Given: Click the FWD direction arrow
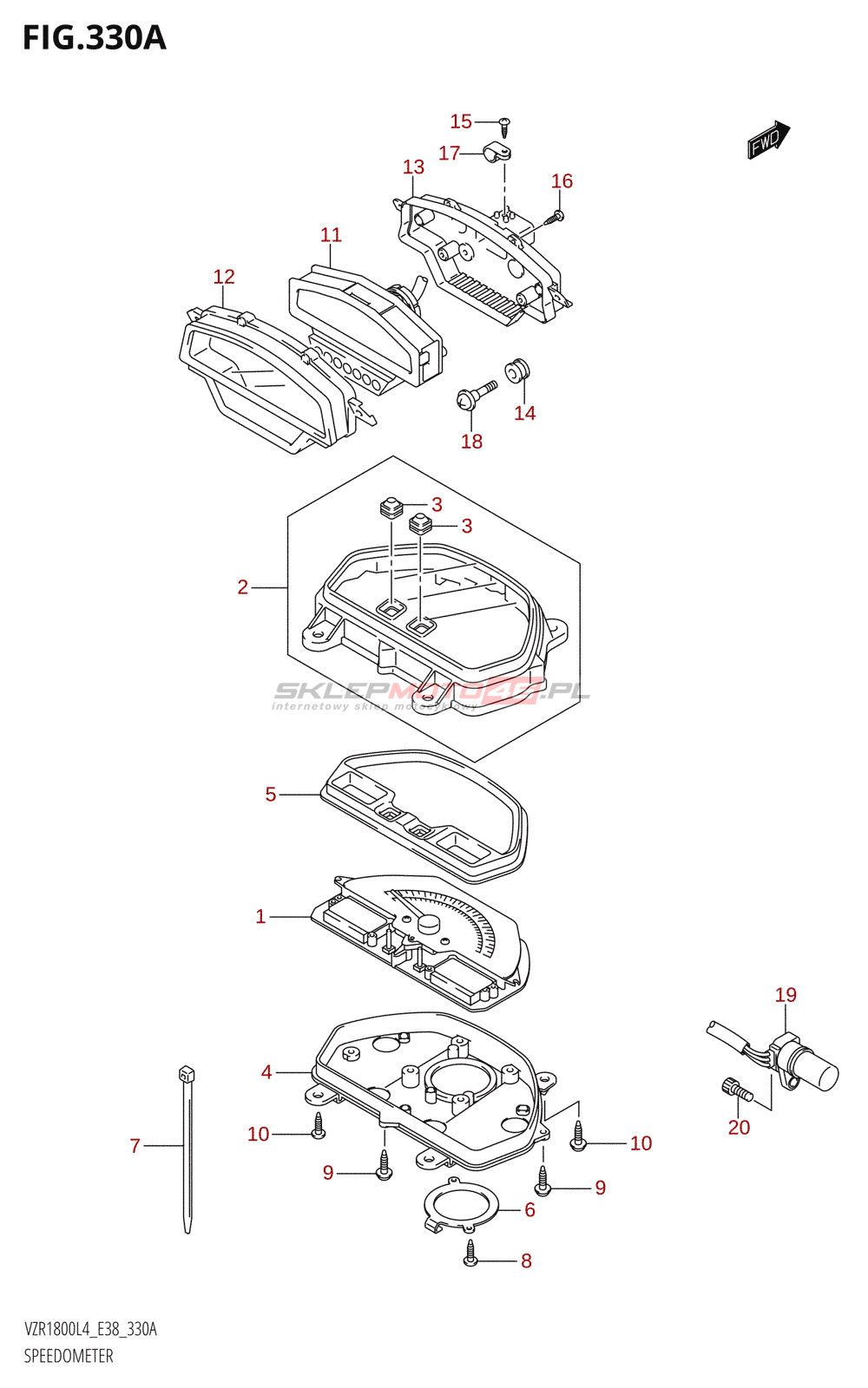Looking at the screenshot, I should [x=769, y=139].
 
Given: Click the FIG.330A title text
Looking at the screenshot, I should [x=94, y=38].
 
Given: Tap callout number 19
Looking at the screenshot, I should [x=786, y=995].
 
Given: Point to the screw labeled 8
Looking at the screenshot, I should [x=470, y=1253].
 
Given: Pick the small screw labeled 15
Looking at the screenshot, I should [x=505, y=127].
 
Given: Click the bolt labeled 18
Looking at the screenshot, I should [x=473, y=396].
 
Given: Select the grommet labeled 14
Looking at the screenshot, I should [x=518, y=370].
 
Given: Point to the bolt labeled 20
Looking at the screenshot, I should [x=734, y=1090].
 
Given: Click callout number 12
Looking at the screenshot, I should [x=224, y=277].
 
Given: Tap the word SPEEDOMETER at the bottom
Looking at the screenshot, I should [x=69, y=1356].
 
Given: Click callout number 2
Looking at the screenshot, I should [x=243, y=587].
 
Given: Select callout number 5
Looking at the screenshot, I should [x=271, y=795].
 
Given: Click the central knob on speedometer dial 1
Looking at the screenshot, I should [x=428, y=923].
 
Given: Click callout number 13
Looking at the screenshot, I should [x=413, y=167].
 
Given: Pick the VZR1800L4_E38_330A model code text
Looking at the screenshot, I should [x=90, y=1330].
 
